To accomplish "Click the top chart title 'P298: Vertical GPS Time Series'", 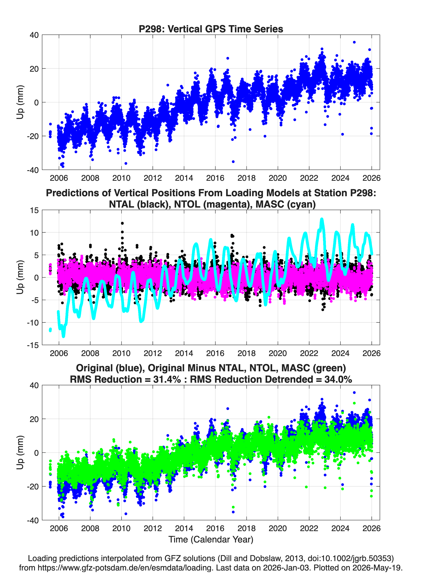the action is (211, 29).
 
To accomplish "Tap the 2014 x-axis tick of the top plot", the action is (184, 178).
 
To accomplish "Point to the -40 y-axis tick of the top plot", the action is (33, 170).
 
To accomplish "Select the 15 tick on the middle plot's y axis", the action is (34, 210).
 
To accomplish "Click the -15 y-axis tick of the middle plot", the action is (33, 345).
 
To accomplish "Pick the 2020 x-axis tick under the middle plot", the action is (278, 353).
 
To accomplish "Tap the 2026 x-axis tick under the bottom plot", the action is (371, 528).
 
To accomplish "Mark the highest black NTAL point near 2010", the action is (122, 223).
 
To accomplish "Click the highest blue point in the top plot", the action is (354, 42).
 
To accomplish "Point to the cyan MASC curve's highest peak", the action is (322, 219).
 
